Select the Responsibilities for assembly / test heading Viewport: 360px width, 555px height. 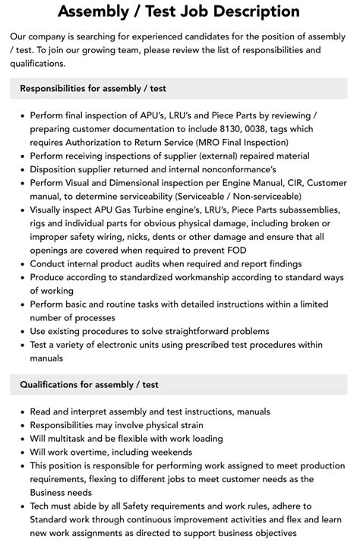[94, 87]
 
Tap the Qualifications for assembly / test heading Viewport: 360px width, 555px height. [90, 385]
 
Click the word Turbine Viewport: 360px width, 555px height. [163, 210]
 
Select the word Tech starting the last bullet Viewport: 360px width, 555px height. [42, 506]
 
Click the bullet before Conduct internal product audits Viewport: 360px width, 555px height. [21, 263]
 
